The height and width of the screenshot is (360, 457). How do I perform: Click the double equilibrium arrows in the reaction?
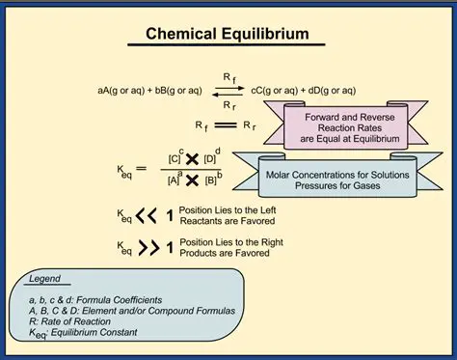pyautogui.click(x=227, y=90)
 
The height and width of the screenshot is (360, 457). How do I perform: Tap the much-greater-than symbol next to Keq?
pyautogui.click(x=148, y=248)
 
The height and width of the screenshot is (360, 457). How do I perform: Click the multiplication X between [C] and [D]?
pyautogui.click(x=192, y=156)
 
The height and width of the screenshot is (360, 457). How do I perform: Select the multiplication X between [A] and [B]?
pyautogui.click(x=192, y=180)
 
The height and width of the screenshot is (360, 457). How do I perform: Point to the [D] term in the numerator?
pyautogui.click(x=212, y=156)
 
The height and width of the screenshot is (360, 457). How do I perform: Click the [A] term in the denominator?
pyautogui.click(x=173, y=180)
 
